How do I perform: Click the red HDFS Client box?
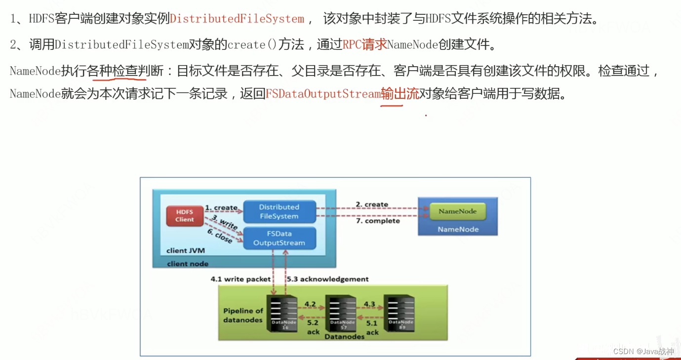coord(184,216)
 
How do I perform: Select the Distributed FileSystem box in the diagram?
coord(279,212)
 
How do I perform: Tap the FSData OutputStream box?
coord(279,238)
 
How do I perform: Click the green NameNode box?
coord(457,211)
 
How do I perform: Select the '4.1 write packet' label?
coord(240,279)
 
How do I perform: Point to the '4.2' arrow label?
coord(310,304)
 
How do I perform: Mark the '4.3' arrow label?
coord(369,304)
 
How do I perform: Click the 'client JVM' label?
coord(186,250)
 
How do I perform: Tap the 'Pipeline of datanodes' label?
coord(243,315)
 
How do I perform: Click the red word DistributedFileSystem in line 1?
coord(237,19)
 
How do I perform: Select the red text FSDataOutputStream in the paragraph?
coord(323,94)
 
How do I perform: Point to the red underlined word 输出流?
coord(400,94)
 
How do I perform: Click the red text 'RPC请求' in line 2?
coord(364,45)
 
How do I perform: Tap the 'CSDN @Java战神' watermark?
coord(643,351)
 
